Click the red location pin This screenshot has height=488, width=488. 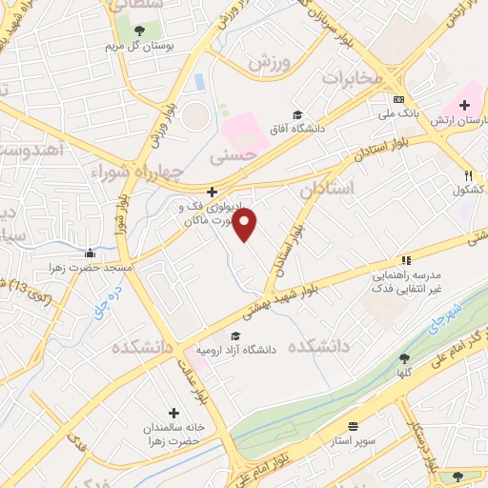[245, 225]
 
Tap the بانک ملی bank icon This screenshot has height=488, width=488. [397, 100]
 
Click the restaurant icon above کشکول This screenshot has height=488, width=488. [467, 175]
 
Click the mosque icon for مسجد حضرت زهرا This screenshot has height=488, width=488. [90, 253]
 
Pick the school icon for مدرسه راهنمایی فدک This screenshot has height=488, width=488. [405, 259]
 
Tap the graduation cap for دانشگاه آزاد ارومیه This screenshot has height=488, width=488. [235, 335]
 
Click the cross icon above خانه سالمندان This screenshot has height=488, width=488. [173, 413]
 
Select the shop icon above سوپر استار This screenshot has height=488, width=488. [354, 426]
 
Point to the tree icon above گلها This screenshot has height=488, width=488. [405, 358]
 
